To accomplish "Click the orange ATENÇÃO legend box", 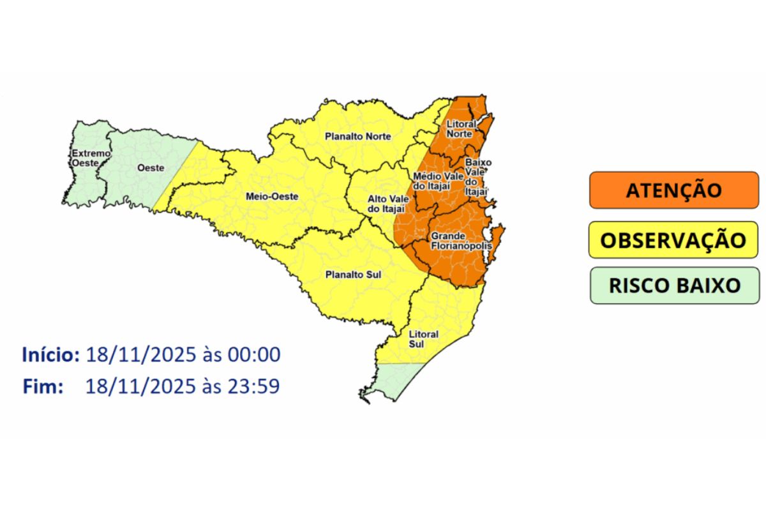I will pyautogui.click(x=673, y=190).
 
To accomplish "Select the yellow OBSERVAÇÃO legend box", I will pyautogui.click(x=673, y=240).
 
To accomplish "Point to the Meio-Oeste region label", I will pyautogui.click(x=272, y=197).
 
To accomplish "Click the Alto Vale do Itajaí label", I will pyautogui.click(x=385, y=204).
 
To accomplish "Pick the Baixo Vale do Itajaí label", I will pyautogui.click(x=477, y=176).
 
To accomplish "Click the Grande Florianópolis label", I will pyautogui.click(x=452, y=240).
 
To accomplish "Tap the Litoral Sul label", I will pyautogui.click(x=424, y=339).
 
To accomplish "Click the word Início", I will pyautogui.click(x=50, y=355).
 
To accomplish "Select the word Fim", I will pyautogui.click(x=43, y=386).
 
